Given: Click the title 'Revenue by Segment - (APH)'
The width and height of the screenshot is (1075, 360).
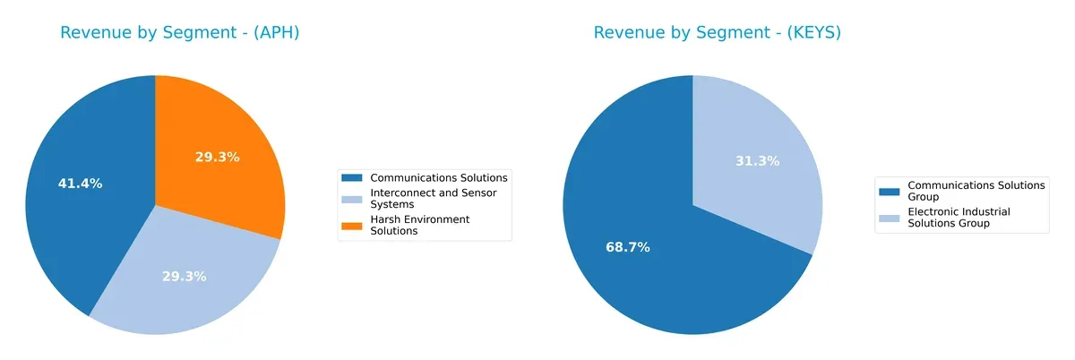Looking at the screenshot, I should click(x=178, y=33).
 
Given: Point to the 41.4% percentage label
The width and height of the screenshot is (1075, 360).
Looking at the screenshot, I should click(x=81, y=184).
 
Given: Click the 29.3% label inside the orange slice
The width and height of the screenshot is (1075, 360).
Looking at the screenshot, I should click(x=217, y=157).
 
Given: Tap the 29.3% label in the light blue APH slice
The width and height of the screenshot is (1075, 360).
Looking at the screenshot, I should click(x=184, y=277).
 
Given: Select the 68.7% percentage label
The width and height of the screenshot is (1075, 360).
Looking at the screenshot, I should click(x=627, y=247).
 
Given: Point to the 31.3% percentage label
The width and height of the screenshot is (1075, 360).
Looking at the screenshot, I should click(x=757, y=161).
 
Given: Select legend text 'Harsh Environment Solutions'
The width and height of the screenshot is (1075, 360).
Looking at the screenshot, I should click(x=419, y=225).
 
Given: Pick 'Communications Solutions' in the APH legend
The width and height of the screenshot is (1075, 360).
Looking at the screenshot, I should click(x=439, y=177).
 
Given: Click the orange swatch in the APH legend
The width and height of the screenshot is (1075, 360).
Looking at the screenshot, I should click(x=352, y=225).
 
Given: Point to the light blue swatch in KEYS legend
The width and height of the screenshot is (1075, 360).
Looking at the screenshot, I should click(x=890, y=218).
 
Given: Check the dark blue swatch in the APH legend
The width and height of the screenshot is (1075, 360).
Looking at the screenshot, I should click(x=352, y=177).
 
